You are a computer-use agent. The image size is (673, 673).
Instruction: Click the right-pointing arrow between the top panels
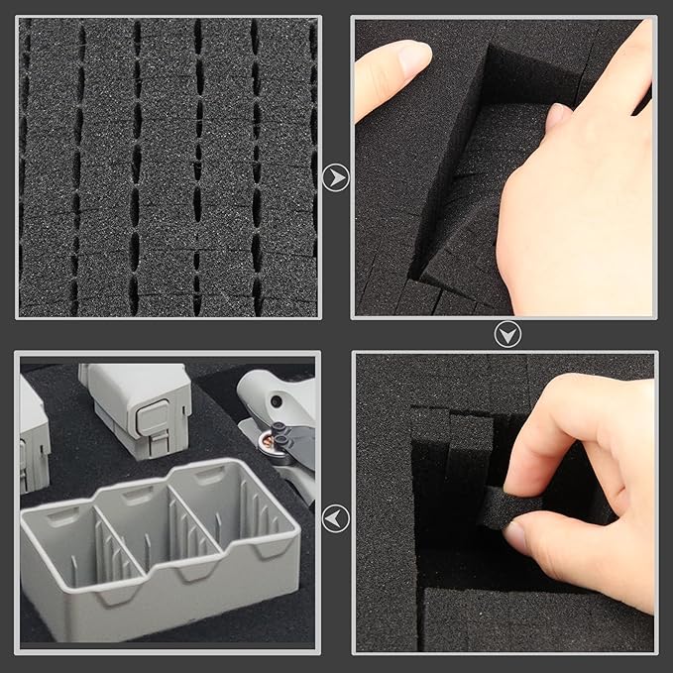(336, 178)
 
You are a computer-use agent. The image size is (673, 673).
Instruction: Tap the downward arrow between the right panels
(507, 335)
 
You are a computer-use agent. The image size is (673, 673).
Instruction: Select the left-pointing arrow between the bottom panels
(336, 517)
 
